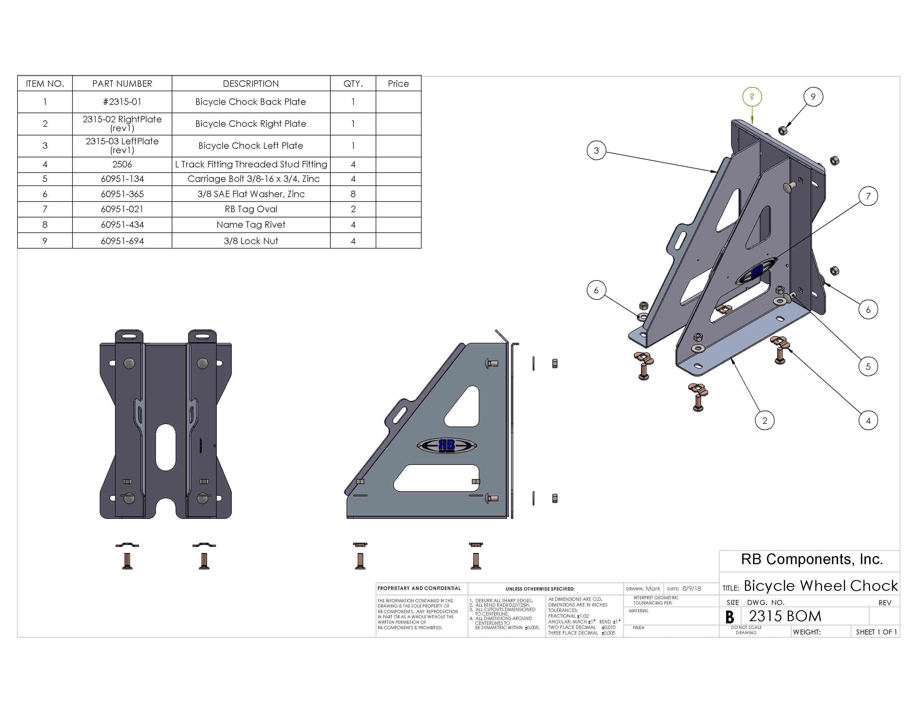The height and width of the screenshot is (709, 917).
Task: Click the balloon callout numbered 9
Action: point(813,97)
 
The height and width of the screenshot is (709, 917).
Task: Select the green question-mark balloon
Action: point(752,96)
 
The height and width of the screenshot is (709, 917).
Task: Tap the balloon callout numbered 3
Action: point(596,150)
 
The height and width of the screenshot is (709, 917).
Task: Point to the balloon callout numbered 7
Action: point(868,196)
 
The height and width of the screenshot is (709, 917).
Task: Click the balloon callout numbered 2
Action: point(765,420)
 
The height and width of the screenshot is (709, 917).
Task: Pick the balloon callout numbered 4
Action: point(868,420)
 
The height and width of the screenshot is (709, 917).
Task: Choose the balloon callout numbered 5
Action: point(868,366)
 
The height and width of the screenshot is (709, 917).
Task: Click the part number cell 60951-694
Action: point(122,241)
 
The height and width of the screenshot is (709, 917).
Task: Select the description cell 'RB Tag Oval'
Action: point(251,209)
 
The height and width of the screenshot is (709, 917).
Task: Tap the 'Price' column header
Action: point(398,84)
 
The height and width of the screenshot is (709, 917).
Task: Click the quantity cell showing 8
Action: point(353,194)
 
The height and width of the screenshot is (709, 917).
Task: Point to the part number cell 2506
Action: point(122,164)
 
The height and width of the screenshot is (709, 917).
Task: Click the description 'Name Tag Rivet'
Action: point(251,225)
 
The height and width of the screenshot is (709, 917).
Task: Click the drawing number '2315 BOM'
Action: point(785,616)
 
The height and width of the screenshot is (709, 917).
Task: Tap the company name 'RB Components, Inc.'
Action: point(812,559)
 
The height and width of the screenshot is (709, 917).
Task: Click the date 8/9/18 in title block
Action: point(692,588)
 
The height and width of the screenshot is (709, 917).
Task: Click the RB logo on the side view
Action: point(447,445)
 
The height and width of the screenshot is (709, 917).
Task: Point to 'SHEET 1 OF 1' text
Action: point(876,632)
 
